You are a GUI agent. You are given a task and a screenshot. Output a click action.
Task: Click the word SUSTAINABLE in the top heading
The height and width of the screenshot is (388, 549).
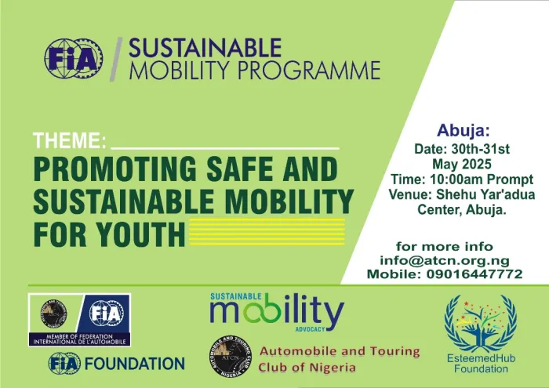[x=192, y=49]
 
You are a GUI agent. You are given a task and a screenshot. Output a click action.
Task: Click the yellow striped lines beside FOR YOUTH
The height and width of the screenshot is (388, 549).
[x=267, y=232]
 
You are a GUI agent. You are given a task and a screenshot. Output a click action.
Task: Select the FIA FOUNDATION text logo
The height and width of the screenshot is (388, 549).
[x=116, y=364]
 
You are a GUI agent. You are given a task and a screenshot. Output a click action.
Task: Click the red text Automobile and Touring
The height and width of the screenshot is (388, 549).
[x=340, y=351]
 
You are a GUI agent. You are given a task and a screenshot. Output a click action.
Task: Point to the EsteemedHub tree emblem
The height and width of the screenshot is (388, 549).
[x=481, y=324]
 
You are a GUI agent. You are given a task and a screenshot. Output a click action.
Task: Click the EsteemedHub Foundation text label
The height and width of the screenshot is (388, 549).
[x=480, y=364]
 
